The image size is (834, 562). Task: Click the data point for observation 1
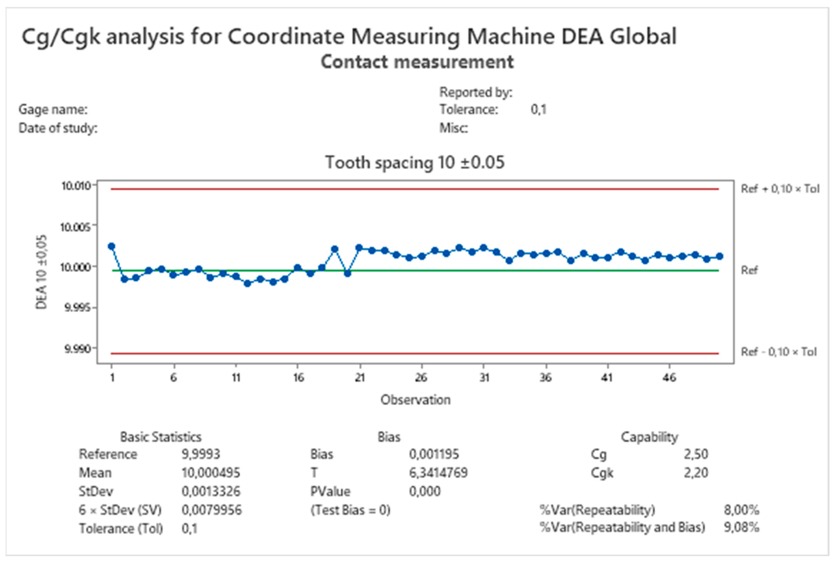[111, 246]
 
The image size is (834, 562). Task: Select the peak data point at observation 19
[335, 249]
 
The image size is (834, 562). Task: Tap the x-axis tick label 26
[421, 378]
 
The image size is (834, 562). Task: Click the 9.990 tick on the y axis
[78, 349]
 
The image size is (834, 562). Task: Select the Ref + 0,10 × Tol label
[780, 189]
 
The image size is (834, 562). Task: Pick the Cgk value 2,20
[696, 473]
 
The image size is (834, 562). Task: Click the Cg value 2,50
[696, 454]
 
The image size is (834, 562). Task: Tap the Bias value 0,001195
[434, 454]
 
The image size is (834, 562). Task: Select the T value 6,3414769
[438, 473]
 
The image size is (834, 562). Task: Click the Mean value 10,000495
[211, 473]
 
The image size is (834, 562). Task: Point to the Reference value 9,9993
[201, 454]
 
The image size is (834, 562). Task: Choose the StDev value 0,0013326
[211, 491]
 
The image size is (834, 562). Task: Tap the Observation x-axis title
[415, 400]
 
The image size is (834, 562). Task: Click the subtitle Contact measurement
[417, 62]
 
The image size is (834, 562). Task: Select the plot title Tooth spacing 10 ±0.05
[415, 162]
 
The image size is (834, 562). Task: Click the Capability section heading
[649, 437]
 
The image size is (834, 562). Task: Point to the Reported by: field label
[476, 92]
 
